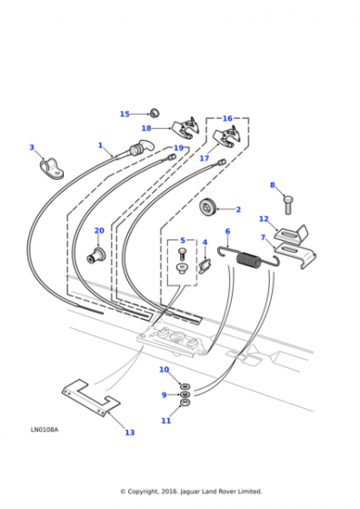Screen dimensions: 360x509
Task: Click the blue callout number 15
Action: click(125, 114)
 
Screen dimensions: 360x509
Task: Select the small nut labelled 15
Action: click(155, 114)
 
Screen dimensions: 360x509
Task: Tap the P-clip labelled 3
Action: click(51, 168)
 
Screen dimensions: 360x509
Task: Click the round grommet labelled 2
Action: click(207, 209)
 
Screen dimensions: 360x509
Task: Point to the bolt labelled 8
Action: click(287, 205)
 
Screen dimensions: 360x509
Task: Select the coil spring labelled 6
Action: click(249, 258)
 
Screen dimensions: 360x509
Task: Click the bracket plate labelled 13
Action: click(91, 398)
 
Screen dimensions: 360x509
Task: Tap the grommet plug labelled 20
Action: click(95, 254)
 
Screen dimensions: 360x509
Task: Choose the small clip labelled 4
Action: click(205, 265)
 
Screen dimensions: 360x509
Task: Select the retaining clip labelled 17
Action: click(228, 137)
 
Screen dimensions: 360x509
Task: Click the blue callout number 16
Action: click(227, 118)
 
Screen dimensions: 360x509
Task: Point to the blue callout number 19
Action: click(178, 148)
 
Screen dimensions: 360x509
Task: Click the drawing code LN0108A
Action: click(45, 430)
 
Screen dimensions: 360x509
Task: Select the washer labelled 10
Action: click(185, 386)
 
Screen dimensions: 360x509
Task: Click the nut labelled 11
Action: click(185, 403)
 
